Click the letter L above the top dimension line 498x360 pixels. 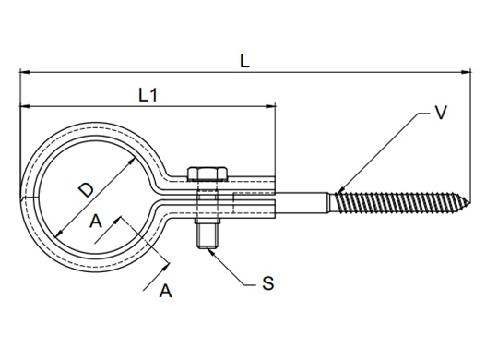pyautogui.click(x=243, y=62)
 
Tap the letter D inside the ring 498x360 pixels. pyautogui.click(x=85, y=191)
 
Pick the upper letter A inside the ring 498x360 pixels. pyautogui.click(x=95, y=222)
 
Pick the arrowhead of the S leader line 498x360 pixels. pyautogui.click(x=211, y=248)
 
